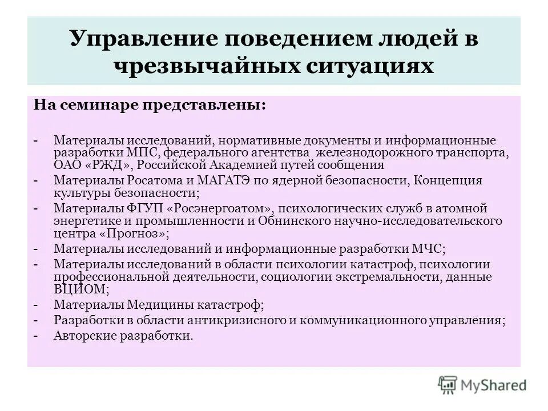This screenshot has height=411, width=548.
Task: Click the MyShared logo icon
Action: click(448, 385)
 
